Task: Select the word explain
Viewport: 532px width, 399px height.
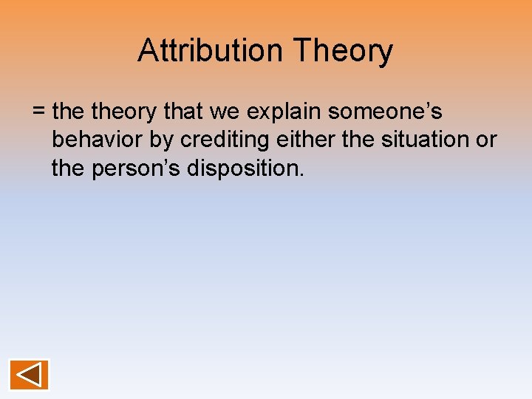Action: point(284,112)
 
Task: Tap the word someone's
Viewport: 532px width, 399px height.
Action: point(385,112)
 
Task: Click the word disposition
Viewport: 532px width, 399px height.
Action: point(245,168)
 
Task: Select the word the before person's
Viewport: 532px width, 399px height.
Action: point(69,168)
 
